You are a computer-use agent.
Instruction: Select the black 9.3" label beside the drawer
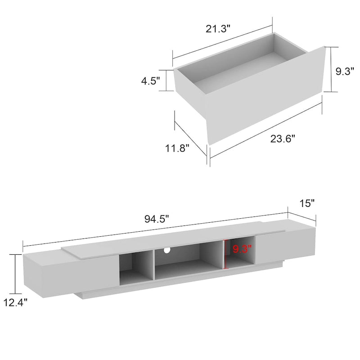[345, 71]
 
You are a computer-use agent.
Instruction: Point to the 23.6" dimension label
[283, 139]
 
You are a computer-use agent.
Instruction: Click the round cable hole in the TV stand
[167, 250]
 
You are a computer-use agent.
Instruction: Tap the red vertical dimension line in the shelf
[225, 254]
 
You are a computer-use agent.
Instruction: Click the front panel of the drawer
[265, 99]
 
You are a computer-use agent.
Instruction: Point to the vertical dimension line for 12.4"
[17, 273]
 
